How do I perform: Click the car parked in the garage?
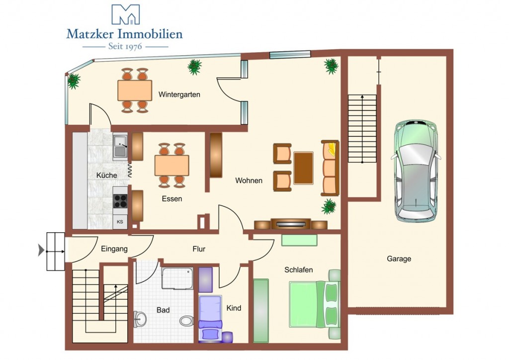click(416, 171)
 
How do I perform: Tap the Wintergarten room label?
click(179, 95)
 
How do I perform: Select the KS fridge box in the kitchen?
click(120, 222)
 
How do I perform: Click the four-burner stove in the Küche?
click(120, 201)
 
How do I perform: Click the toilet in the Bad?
click(186, 321)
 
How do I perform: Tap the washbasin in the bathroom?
click(140, 318)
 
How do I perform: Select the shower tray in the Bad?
click(177, 278)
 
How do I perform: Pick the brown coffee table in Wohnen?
click(304, 168)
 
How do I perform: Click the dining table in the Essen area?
click(171, 166)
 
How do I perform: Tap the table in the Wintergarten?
click(135, 90)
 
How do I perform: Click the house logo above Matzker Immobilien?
click(126, 14)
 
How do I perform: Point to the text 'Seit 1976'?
click(125, 46)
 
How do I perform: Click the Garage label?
click(399, 259)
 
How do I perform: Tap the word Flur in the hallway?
click(199, 249)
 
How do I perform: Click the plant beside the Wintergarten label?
click(194, 67)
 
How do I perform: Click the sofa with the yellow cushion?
click(330, 168)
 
